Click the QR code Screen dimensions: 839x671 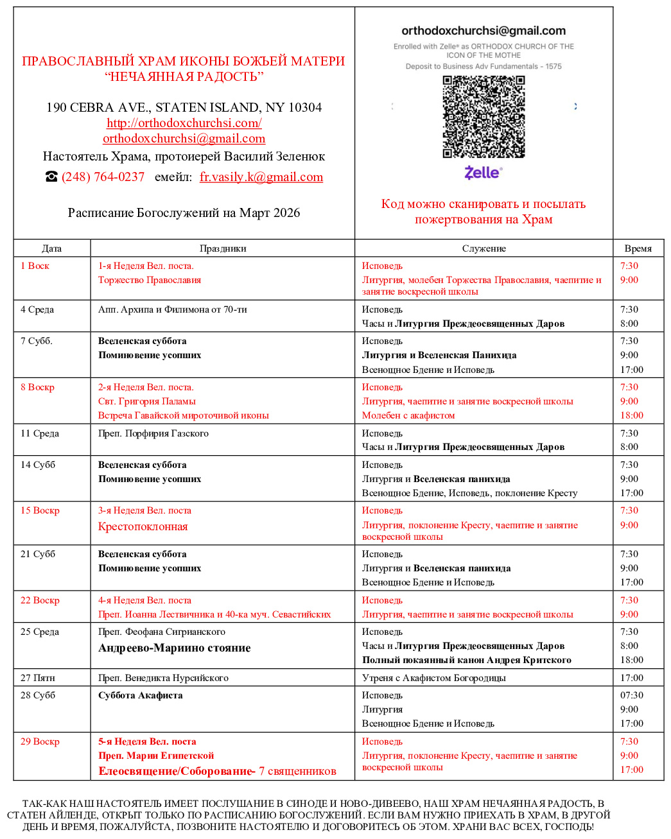484,116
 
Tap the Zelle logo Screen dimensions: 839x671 483,172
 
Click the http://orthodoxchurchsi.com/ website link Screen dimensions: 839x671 184,123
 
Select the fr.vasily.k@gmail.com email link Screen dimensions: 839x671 261,177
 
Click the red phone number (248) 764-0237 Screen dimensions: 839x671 103,177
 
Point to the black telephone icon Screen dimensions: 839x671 51,177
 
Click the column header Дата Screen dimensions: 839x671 51,248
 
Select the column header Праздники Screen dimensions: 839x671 223,248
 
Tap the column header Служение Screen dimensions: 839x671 484,248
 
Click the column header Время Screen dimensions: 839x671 638,248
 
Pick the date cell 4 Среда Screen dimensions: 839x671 37,309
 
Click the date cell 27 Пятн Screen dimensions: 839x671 38,678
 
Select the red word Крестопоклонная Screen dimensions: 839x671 143,526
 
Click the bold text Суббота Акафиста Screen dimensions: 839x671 140,695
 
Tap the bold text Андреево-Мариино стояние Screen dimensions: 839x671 174,648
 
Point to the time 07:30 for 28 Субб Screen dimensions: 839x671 631,695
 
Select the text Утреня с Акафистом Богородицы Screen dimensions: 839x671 433,678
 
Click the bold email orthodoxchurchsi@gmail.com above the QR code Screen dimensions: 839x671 484,31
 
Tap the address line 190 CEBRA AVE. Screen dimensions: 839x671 184,107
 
